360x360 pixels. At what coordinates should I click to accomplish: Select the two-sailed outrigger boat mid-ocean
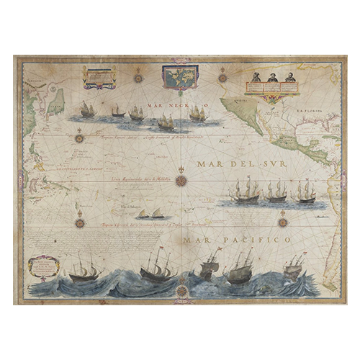pyautogui.click(x=153, y=214)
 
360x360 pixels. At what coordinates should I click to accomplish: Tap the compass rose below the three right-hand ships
pyautogui.click(x=283, y=221)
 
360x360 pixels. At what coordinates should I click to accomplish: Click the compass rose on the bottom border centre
pyautogui.click(x=182, y=291)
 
